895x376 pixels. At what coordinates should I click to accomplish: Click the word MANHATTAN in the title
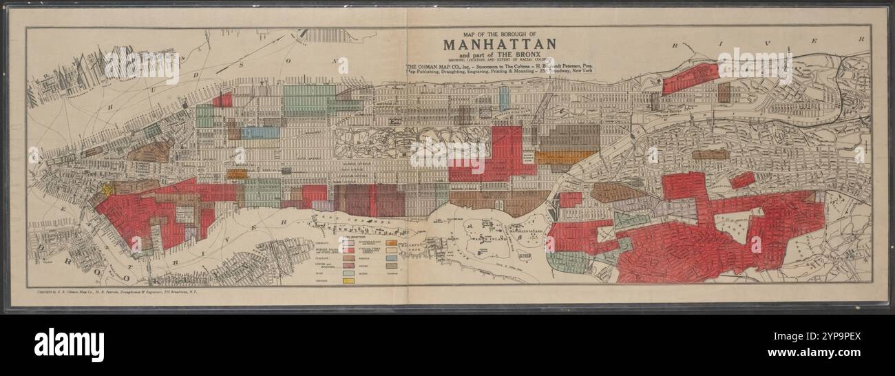tap(499, 44)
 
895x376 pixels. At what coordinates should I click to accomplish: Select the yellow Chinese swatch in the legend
tap(348, 281)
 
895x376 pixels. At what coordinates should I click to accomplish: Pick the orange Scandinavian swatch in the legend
tap(391, 242)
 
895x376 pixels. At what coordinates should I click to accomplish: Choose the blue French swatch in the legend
tap(391, 258)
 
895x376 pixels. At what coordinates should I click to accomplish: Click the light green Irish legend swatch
tap(348, 273)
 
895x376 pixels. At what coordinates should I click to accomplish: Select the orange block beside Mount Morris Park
tap(565, 158)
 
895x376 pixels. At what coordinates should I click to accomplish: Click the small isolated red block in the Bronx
tap(742, 180)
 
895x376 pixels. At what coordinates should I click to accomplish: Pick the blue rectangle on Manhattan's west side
tap(260, 132)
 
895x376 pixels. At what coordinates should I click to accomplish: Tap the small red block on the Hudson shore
tap(222, 101)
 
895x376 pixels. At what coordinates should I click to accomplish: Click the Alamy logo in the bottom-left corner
tap(69, 344)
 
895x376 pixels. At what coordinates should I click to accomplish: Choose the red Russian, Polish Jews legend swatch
tap(348, 250)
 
